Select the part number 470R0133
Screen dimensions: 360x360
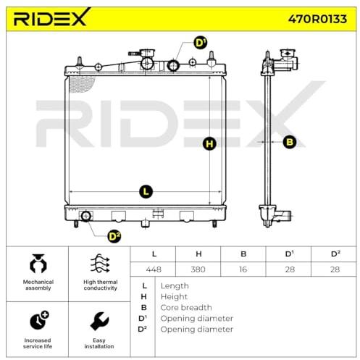317,19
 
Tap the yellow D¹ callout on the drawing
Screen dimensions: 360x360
201,43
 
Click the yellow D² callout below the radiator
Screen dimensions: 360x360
114,236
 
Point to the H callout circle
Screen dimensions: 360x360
209,143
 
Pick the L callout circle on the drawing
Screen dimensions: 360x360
146,192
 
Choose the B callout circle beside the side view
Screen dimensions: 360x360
289,142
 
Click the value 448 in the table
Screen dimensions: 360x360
154,269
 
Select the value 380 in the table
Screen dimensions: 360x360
198,269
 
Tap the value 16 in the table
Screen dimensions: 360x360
243,269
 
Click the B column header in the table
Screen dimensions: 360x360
243,254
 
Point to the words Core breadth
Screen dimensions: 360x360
186,307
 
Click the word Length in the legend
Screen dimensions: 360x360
175,286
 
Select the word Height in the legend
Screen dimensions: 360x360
174,297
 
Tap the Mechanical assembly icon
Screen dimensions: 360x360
38,264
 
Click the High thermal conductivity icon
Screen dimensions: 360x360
100,263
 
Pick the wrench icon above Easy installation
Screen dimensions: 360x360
99,321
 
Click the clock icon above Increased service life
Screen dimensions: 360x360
39,320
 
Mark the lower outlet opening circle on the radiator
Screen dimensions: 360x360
85,216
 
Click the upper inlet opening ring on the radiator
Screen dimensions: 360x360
173,65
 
